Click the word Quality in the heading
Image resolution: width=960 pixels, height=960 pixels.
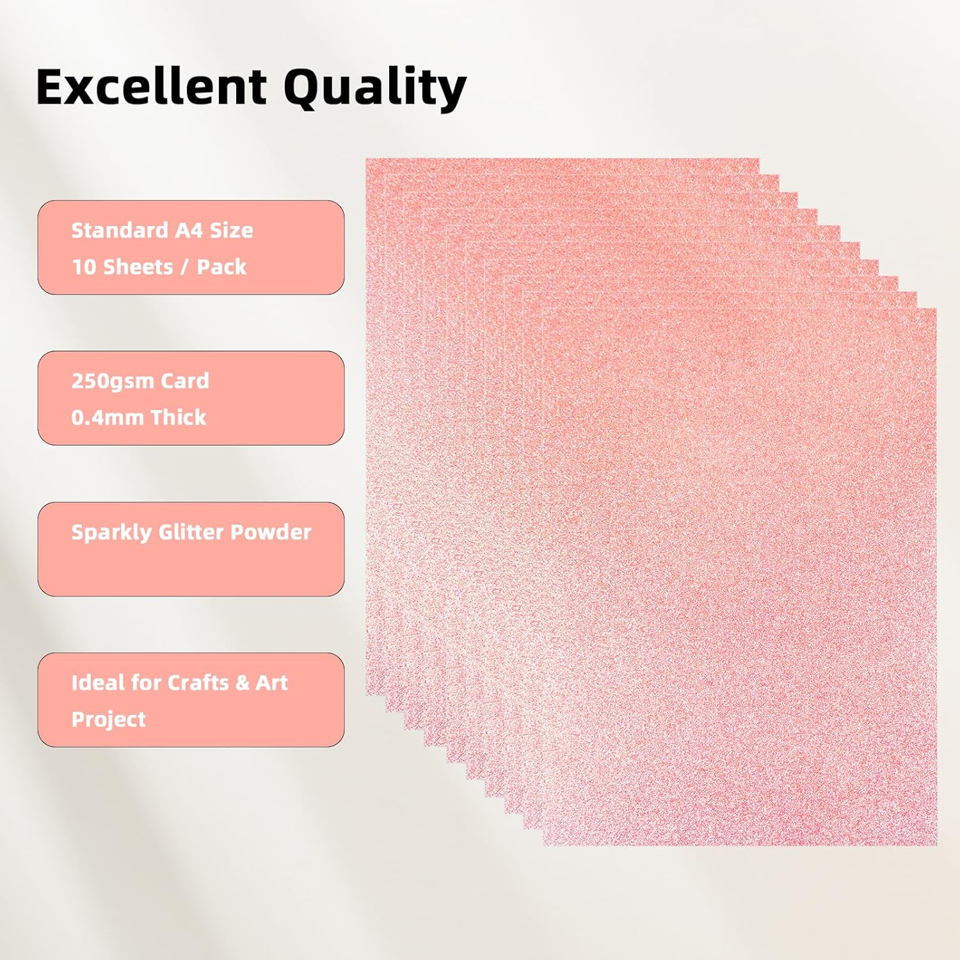click(x=374, y=88)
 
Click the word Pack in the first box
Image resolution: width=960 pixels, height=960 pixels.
click(x=221, y=267)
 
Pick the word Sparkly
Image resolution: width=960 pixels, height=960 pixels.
click(x=111, y=533)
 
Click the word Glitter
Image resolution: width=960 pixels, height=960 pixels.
click(x=191, y=532)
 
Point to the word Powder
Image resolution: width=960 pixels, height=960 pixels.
click(x=271, y=532)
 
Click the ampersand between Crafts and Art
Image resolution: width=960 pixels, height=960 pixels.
click(x=243, y=683)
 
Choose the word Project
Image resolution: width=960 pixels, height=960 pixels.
click(x=109, y=720)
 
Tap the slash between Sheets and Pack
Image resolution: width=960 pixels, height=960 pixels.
click(x=185, y=268)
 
